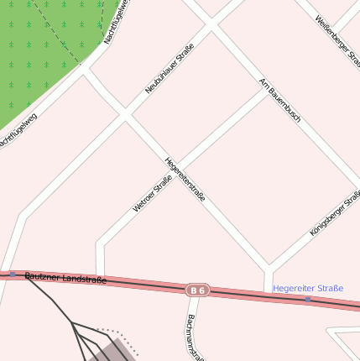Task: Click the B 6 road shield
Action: [x=197, y=290]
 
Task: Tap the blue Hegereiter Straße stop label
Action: [x=308, y=288]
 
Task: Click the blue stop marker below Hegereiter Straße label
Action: [x=307, y=299]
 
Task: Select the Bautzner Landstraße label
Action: [x=65, y=277]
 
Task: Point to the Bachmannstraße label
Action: [x=196, y=337]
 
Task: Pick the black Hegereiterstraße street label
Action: [x=185, y=178]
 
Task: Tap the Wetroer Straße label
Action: [x=152, y=193]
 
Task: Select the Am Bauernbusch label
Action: [x=280, y=101]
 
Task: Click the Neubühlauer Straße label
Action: [x=170, y=68]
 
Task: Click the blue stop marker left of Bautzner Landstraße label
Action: [x=13, y=274]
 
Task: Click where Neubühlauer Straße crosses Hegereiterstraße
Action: [x=126, y=113]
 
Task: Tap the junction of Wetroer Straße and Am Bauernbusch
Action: [x=265, y=90]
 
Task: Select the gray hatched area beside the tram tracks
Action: [x=113, y=348]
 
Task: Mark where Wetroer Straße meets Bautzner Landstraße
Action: [x=100, y=280]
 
